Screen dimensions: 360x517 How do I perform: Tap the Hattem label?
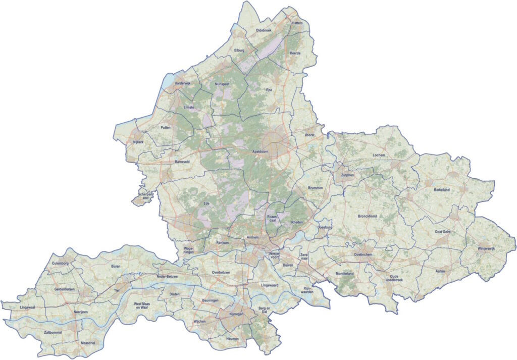[297, 23]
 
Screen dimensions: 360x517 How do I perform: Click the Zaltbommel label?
[53, 333]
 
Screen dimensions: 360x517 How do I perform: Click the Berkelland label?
[441, 189]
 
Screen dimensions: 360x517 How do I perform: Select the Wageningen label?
[188, 250]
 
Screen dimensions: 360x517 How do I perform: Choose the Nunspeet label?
[222, 84]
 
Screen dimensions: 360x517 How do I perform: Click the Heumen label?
[232, 338]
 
